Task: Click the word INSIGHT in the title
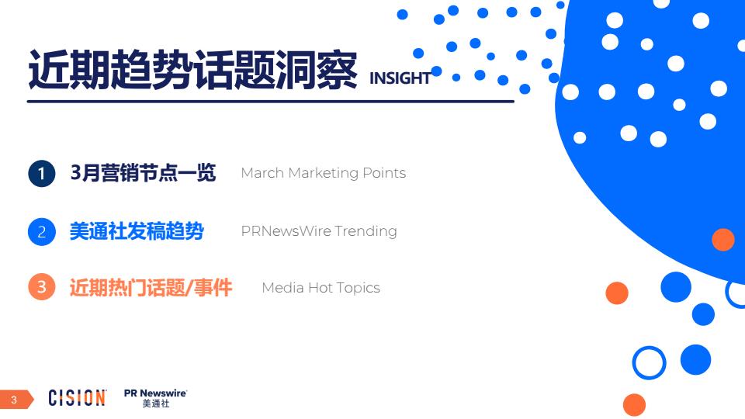[x=400, y=78]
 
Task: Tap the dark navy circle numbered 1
[x=42, y=173]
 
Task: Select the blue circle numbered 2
[x=42, y=232]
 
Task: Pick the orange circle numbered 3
[x=42, y=286]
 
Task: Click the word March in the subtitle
[x=262, y=173]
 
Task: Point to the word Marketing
[x=324, y=173]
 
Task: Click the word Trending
[x=366, y=231]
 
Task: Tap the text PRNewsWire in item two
[x=286, y=231]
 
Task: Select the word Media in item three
[x=282, y=287]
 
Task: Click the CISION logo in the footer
[x=77, y=397]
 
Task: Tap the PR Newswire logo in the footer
[x=155, y=398]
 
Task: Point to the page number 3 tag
[x=16, y=400]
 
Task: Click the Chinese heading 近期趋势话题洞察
[x=192, y=71]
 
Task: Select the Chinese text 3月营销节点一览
[x=143, y=172]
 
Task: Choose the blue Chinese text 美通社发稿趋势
[x=137, y=231]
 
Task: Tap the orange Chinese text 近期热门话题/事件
[x=151, y=287]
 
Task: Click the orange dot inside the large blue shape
[x=723, y=239]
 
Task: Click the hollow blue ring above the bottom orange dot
[x=649, y=348]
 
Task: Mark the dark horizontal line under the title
[x=271, y=101]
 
